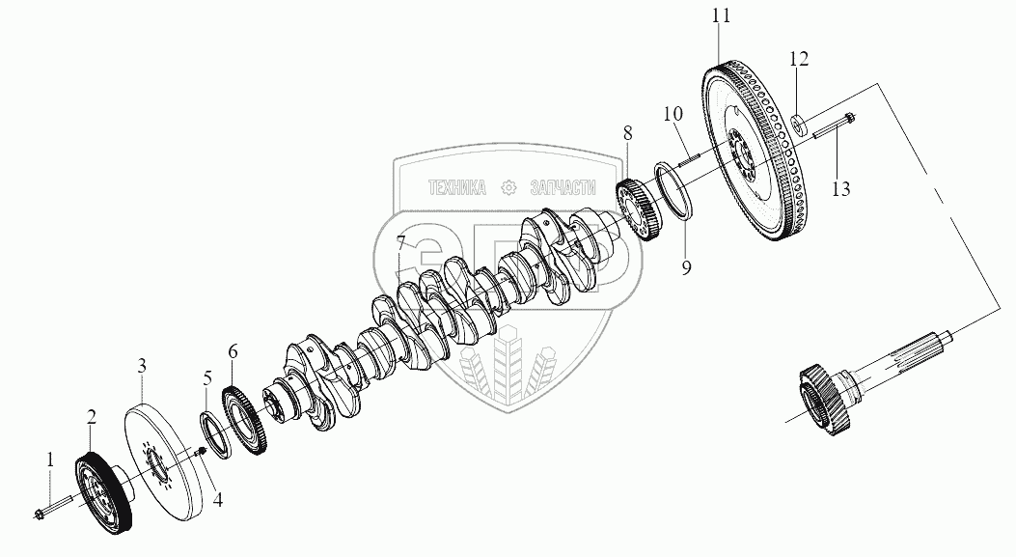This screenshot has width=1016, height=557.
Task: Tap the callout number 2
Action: point(92,418)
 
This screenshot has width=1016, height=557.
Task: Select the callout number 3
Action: point(141,366)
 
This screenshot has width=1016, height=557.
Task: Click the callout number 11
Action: point(722,16)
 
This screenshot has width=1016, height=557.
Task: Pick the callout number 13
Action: point(840,188)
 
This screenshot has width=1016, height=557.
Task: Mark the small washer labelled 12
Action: point(799,124)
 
